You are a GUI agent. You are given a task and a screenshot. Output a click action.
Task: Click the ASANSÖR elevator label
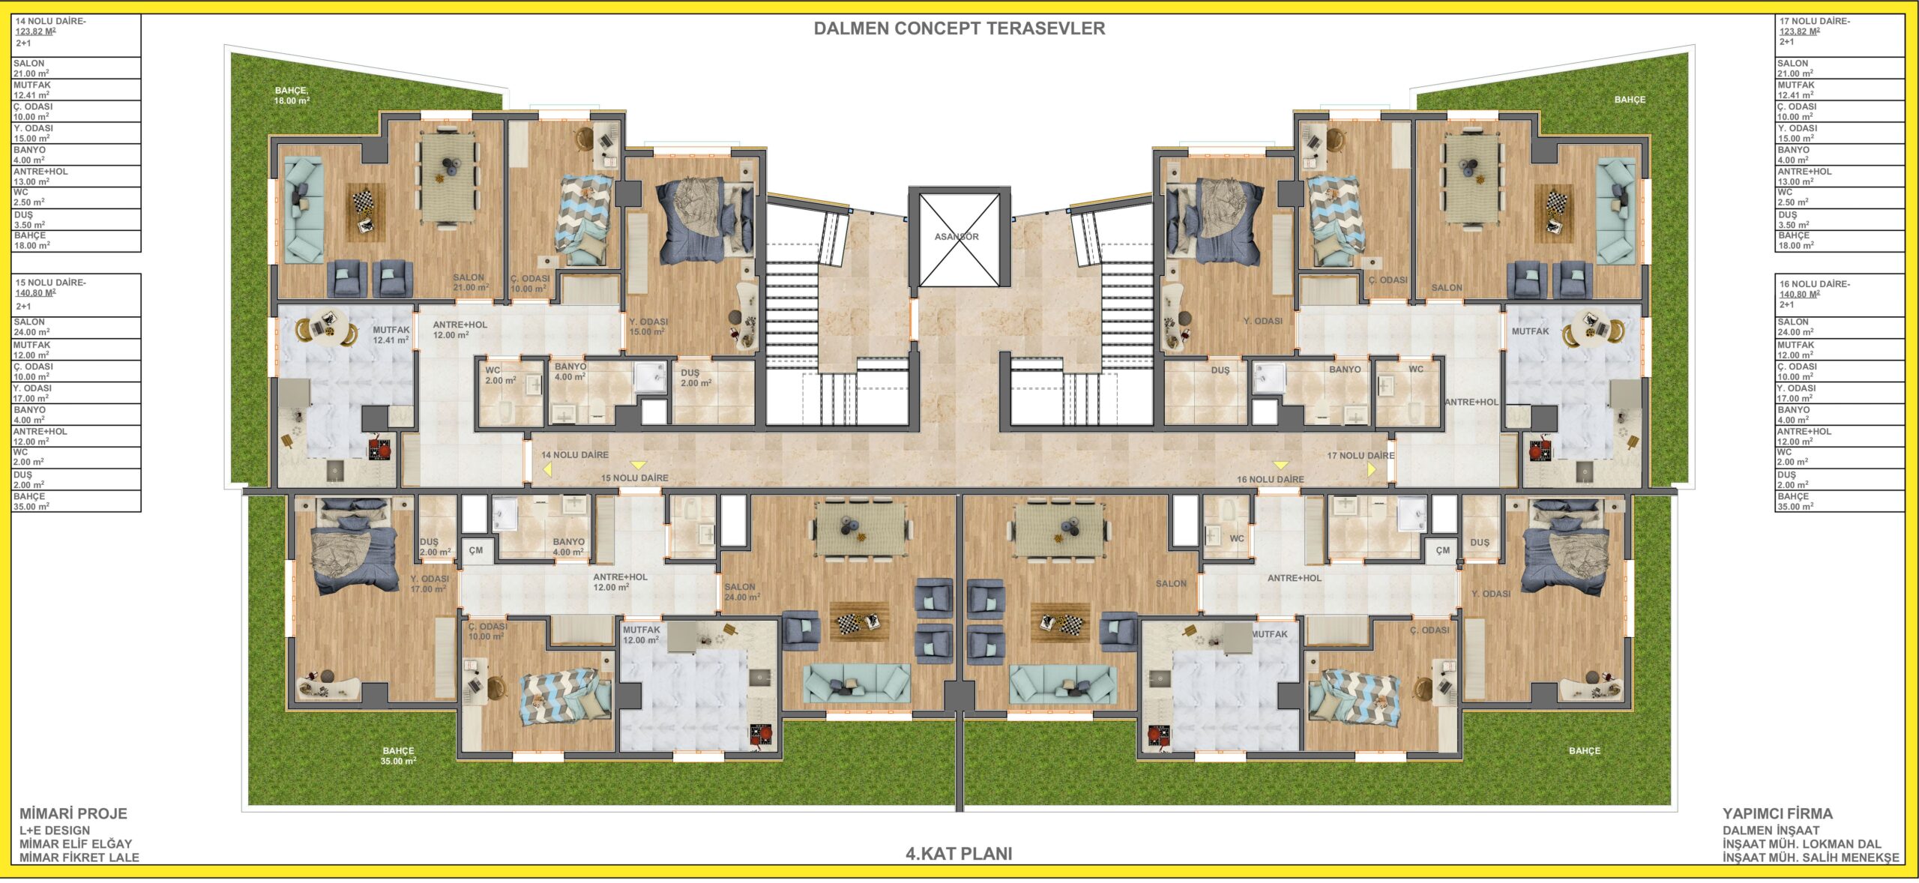click(x=957, y=237)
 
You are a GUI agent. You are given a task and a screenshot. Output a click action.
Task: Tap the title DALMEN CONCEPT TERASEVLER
click(x=959, y=28)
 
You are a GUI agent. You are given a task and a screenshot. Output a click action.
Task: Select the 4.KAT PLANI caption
click(x=959, y=854)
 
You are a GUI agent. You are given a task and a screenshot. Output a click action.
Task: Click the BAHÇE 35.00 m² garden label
click(x=398, y=756)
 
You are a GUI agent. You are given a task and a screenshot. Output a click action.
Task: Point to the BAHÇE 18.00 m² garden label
click(x=292, y=96)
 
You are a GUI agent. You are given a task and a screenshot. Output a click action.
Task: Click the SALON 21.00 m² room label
click(x=471, y=283)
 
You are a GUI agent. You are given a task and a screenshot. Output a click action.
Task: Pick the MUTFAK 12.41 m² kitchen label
click(x=391, y=335)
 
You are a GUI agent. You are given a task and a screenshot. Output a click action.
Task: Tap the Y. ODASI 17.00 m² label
click(x=430, y=584)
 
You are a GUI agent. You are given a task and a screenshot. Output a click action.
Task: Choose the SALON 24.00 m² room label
click(x=742, y=592)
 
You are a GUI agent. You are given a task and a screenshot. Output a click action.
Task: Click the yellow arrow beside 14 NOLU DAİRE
click(x=547, y=470)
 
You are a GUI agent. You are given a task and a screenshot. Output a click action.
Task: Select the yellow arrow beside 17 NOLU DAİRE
click(x=1371, y=469)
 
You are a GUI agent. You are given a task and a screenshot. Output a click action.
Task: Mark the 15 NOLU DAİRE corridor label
click(x=634, y=478)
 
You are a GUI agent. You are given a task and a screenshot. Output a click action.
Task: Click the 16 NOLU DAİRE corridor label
click(x=1270, y=480)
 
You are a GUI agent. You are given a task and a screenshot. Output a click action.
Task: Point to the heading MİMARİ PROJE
click(x=73, y=814)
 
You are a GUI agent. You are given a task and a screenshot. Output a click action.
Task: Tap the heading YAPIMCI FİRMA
click(x=1777, y=814)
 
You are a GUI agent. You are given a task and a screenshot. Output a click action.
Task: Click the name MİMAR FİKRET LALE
click(x=79, y=858)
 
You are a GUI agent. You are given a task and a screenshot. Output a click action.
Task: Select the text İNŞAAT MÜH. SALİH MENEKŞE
click(x=1810, y=858)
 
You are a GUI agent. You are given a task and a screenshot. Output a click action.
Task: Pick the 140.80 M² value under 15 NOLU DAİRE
click(x=35, y=293)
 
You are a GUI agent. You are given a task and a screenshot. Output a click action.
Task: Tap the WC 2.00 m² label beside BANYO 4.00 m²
click(x=500, y=376)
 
